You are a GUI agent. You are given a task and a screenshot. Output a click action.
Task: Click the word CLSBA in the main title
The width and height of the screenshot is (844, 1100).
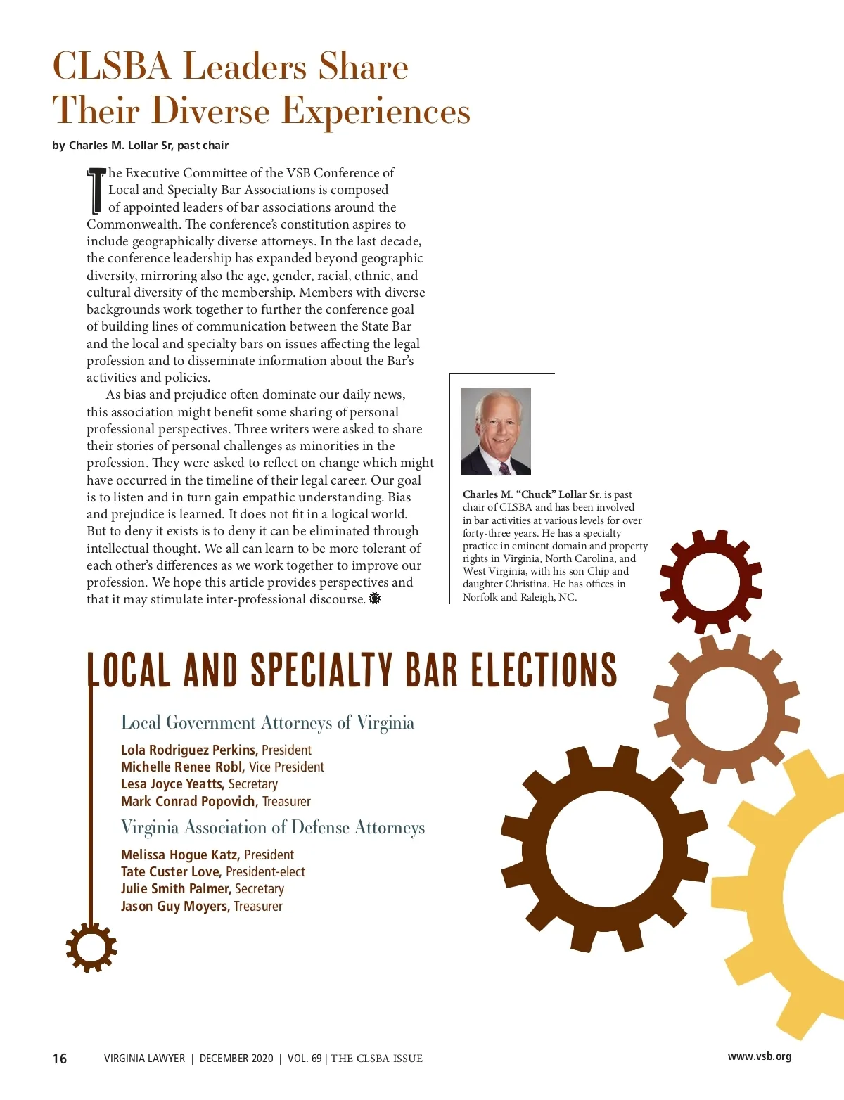point(112,67)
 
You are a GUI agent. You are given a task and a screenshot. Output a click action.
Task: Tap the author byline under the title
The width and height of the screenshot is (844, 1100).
point(140,146)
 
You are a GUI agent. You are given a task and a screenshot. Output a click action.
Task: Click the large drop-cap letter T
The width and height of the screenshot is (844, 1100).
point(96,191)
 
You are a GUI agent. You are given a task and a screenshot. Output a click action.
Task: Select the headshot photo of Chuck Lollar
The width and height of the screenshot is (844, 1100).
point(495,431)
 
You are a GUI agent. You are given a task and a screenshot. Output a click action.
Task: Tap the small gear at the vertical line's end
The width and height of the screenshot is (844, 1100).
point(91,947)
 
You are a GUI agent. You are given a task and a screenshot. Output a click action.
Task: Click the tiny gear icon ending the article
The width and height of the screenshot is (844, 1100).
point(374,599)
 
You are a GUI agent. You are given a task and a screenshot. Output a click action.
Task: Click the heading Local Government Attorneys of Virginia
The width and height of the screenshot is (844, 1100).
point(267,723)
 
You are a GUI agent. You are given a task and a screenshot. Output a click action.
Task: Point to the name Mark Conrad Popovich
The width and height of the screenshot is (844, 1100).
point(188,801)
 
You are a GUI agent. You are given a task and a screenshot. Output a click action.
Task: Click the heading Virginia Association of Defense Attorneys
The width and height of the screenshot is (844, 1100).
point(273,828)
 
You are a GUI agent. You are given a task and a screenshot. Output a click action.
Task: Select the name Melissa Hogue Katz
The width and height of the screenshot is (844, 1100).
point(179,855)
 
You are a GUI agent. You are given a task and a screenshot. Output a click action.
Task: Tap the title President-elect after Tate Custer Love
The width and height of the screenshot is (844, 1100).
point(265,872)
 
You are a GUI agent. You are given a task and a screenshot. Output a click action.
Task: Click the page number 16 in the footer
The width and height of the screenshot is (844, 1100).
point(60,1059)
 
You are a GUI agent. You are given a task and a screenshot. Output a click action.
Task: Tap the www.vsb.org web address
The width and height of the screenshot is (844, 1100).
point(759,1056)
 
